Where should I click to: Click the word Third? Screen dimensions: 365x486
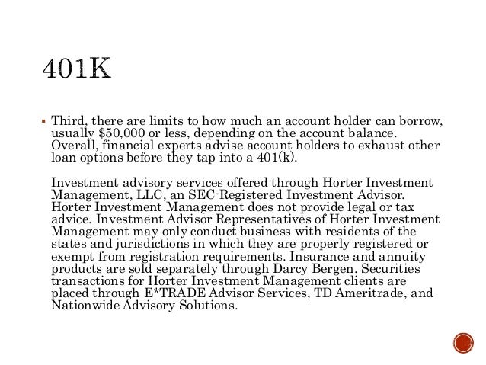point(69,121)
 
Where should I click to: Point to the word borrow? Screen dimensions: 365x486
point(417,121)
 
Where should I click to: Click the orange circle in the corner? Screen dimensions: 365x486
point(462,341)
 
